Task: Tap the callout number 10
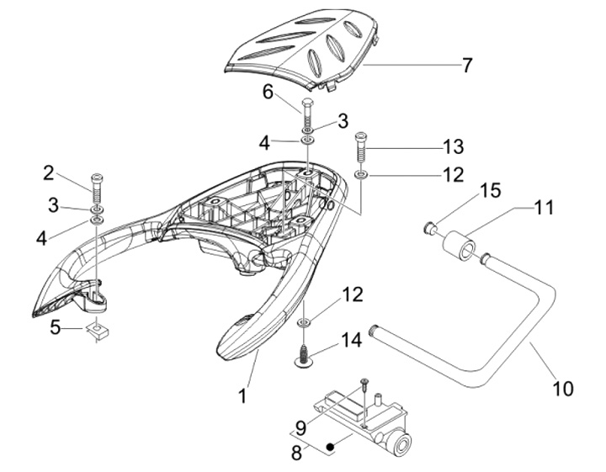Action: pyautogui.click(x=562, y=388)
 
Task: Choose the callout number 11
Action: pyautogui.click(x=544, y=206)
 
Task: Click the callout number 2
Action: pyautogui.click(x=49, y=173)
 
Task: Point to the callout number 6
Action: pyautogui.click(x=268, y=92)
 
